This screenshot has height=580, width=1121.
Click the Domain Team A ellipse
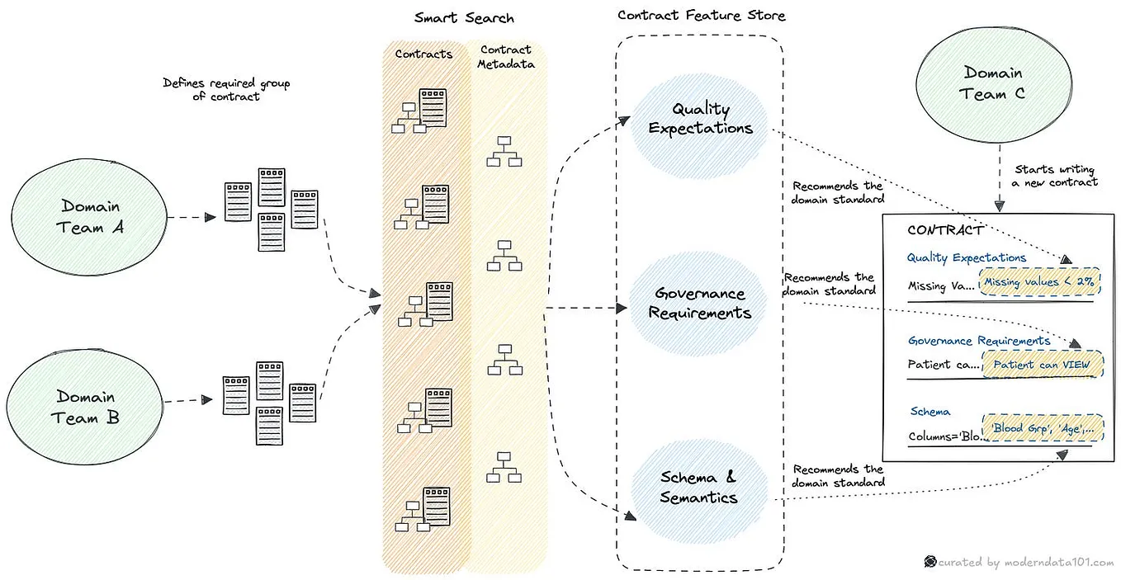point(91,216)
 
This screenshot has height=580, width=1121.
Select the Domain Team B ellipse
point(87,407)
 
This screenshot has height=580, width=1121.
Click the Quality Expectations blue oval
point(700,119)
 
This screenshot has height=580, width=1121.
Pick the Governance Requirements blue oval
point(700,303)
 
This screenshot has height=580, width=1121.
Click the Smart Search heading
point(464,17)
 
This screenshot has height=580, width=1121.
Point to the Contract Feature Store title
point(702,15)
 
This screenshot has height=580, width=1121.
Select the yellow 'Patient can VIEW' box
point(1043,364)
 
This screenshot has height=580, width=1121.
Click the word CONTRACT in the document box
point(944,230)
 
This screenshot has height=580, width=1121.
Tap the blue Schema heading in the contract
point(929,411)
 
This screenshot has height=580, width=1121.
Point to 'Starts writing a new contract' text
point(1056,175)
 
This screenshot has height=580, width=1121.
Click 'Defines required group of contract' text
point(226,89)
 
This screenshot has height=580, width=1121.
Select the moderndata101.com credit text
point(1024,562)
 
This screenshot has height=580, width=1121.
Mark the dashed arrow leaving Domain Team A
point(192,218)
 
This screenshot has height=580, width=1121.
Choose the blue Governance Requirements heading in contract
point(978,340)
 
